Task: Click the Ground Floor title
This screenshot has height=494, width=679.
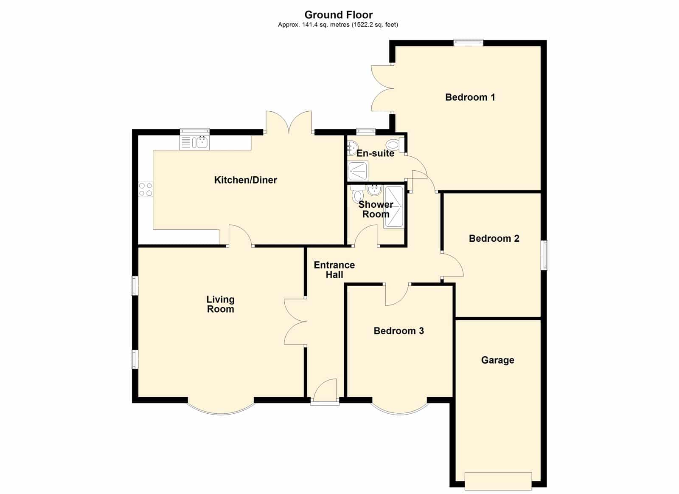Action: (339, 14)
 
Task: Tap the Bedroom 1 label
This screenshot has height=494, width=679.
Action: (470, 97)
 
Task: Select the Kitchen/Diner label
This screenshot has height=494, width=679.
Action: (246, 180)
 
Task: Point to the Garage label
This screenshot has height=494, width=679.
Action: (497, 360)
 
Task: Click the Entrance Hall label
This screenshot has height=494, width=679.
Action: (334, 270)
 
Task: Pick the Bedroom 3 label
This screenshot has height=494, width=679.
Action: (398, 330)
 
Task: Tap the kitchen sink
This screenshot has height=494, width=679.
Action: (195, 143)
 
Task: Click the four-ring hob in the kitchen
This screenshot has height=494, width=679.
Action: (146, 189)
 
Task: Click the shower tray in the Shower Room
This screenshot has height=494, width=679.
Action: (394, 207)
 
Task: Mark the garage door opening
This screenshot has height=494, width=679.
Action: (498, 481)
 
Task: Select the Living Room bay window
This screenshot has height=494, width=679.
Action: (220, 409)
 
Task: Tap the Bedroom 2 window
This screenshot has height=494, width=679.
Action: (545, 255)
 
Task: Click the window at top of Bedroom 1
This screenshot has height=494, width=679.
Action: (469, 43)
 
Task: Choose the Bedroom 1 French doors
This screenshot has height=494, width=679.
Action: (382, 88)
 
